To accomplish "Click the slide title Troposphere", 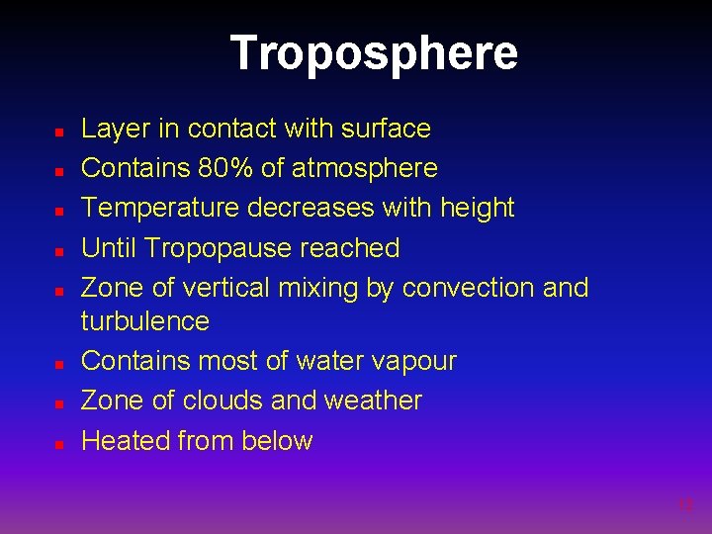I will [374, 52].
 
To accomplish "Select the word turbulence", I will [145, 320].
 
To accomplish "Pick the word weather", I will [375, 400].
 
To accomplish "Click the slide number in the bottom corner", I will [686, 505].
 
